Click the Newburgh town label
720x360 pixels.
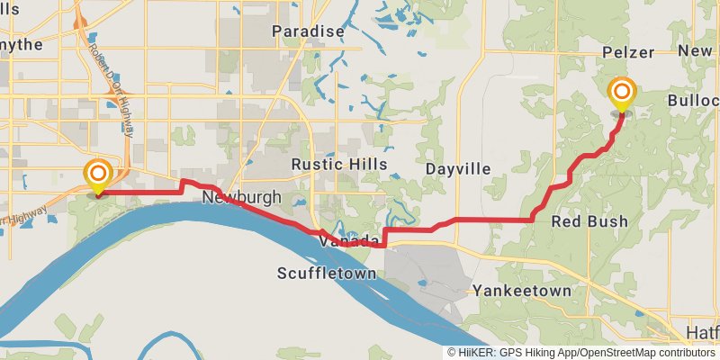[x=242, y=197]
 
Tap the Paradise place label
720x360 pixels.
[x=309, y=31]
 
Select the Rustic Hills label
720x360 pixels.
[x=338, y=165]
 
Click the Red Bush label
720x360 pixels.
[x=589, y=221]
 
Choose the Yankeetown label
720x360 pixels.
[x=522, y=291]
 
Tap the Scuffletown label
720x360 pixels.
[x=326, y=273]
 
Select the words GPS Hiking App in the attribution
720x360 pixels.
[x=540, y=353]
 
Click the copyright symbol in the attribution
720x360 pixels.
[x=453, y=353]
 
